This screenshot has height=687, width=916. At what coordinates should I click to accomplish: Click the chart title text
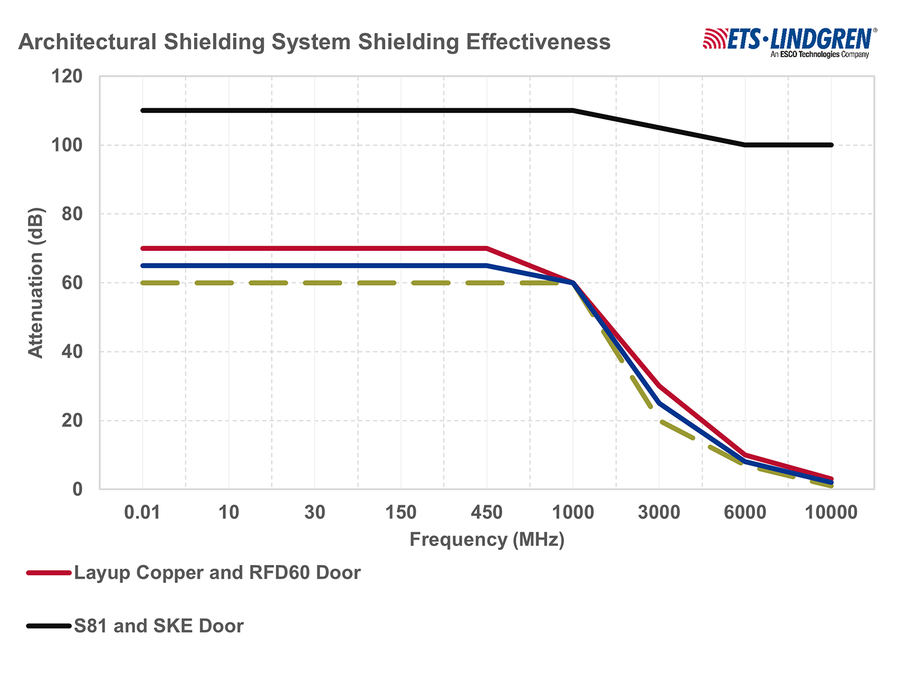314,42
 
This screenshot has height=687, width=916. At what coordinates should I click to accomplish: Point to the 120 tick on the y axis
67,76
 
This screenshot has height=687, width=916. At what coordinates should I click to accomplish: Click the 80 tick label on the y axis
67,214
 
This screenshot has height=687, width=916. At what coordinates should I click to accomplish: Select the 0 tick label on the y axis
76,489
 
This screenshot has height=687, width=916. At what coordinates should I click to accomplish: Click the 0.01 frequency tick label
142,512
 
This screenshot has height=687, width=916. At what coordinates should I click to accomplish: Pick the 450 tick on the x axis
487,512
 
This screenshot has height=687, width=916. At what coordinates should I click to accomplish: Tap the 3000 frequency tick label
659,512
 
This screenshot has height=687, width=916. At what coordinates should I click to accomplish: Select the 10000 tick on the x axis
831,512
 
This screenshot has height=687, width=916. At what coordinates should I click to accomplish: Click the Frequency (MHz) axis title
487,540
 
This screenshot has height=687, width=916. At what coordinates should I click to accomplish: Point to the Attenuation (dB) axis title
35,283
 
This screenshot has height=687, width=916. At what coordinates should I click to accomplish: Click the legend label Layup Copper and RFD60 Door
218,573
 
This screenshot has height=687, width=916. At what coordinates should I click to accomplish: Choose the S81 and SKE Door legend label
159,626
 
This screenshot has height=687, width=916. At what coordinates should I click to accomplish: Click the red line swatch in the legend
49,573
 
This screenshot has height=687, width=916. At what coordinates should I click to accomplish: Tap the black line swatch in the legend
49,626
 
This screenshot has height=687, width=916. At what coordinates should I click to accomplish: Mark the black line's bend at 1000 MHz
573,110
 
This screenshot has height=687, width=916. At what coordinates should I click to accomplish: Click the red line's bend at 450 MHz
487,248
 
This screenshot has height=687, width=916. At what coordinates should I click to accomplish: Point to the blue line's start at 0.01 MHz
143,266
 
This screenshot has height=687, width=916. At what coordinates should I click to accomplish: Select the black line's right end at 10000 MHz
831,145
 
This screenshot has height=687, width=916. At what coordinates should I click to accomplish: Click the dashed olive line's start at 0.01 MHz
143,283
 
